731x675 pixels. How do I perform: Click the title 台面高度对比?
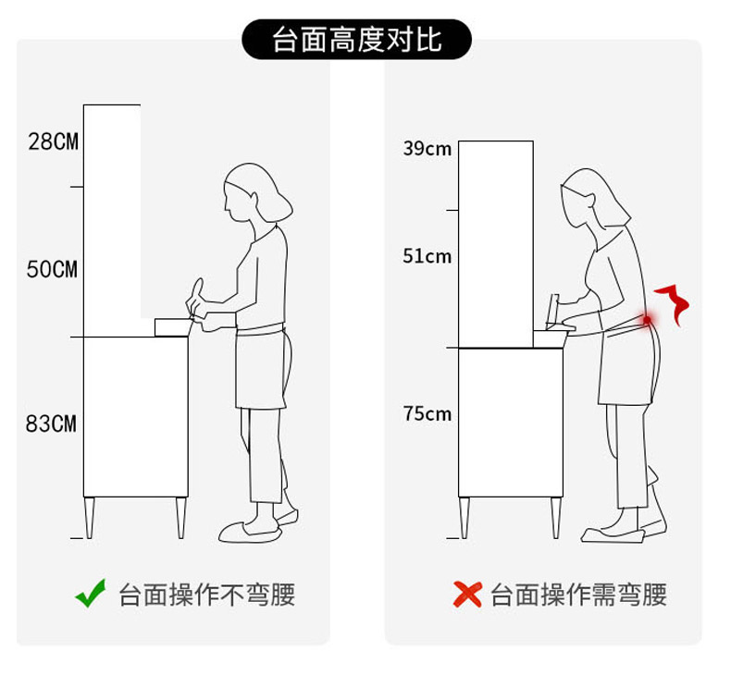tap(356, 40)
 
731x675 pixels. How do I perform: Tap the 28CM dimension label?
tap(53, 141)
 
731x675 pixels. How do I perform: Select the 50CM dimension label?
tap(52, 269)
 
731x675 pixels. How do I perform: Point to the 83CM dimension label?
tap(51, 423)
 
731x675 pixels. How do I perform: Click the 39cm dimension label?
tap(427, 149)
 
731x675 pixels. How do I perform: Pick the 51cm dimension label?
tap(427, 256)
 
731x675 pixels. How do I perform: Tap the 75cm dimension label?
tap(427, 413)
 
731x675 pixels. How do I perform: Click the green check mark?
tap(91, 594)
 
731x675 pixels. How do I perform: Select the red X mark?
tap(467, 595)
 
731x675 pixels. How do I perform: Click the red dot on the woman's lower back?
tap(647, 320)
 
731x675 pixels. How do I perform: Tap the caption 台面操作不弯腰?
tap(207, 595)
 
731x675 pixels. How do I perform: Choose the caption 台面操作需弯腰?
tap(578, 595)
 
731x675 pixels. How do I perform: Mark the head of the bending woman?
tap(592, 199)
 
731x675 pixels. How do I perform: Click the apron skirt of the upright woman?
tap(260, 368)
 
